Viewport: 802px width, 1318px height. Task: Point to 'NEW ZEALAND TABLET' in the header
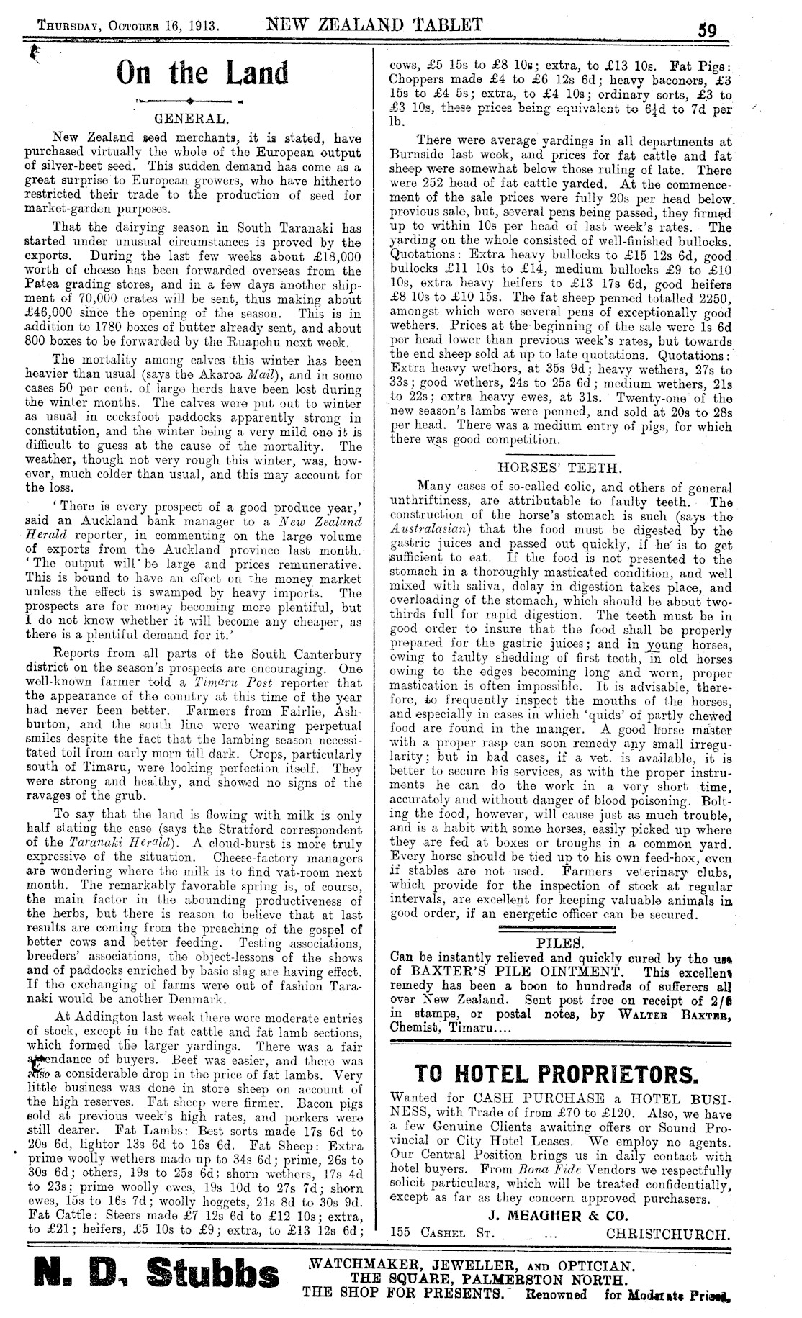tap(374, 25)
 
